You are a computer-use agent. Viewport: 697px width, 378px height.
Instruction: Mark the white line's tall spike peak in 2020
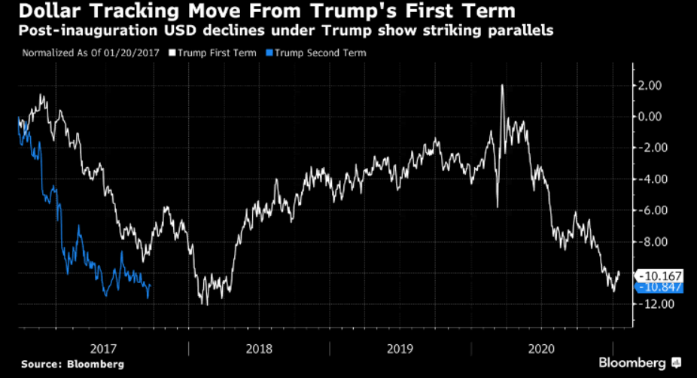click(502, 85)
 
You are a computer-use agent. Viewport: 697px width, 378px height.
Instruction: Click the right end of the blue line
click(151, 285)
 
